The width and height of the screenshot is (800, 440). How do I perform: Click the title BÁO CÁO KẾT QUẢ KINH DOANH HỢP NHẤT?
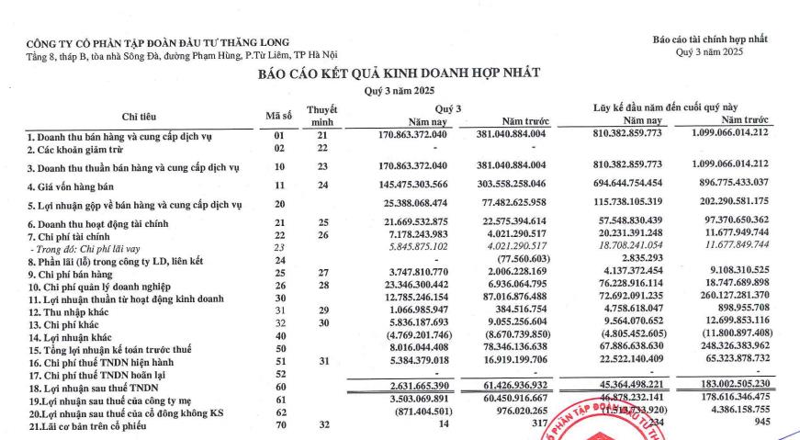pos(399,73)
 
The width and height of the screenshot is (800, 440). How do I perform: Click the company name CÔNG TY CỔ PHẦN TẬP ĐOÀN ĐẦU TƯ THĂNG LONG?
pos(157,41)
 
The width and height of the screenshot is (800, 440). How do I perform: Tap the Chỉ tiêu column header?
pos(142,116)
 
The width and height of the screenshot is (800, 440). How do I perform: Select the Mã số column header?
pos(278,116)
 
